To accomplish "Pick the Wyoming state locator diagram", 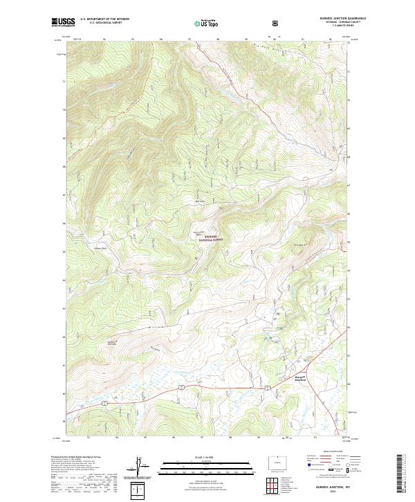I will (275, 460).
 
